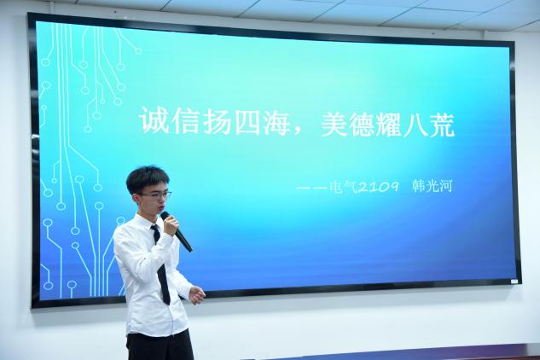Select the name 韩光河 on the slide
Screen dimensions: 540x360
432,186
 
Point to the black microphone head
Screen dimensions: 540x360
165,216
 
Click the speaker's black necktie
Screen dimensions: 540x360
160,264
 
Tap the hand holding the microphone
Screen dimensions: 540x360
170,226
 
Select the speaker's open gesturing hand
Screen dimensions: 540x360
197,294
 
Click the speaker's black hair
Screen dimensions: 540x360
147,179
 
